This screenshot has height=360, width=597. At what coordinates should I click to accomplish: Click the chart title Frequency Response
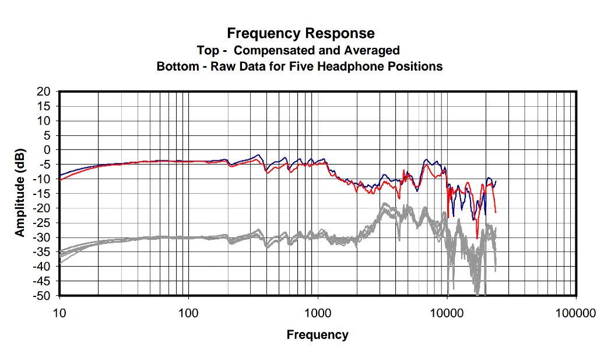(301, 33)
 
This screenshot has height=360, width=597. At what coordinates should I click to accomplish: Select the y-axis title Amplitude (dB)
(20, 193)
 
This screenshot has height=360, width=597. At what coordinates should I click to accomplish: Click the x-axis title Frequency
(317, 335)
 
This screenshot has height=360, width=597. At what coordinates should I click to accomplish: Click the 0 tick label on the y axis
(48, 150)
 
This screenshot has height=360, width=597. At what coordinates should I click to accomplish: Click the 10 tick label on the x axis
(59, 313)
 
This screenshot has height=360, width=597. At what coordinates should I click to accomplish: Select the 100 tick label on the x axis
(188, 313)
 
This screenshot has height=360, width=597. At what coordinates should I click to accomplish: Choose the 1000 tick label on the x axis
(318, 313)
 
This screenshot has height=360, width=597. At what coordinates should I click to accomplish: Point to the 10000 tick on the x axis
(447, 313)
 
